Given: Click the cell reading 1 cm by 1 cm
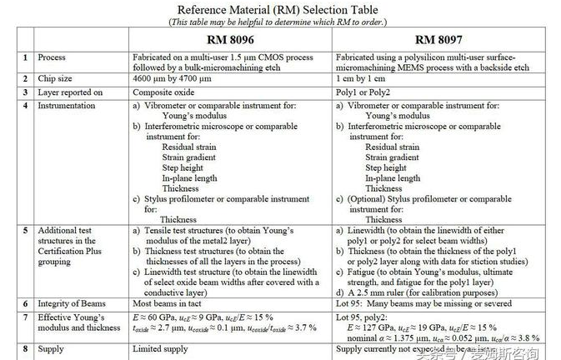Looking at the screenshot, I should coord(368,78).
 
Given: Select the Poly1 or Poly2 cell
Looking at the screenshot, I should coord(363,92).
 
